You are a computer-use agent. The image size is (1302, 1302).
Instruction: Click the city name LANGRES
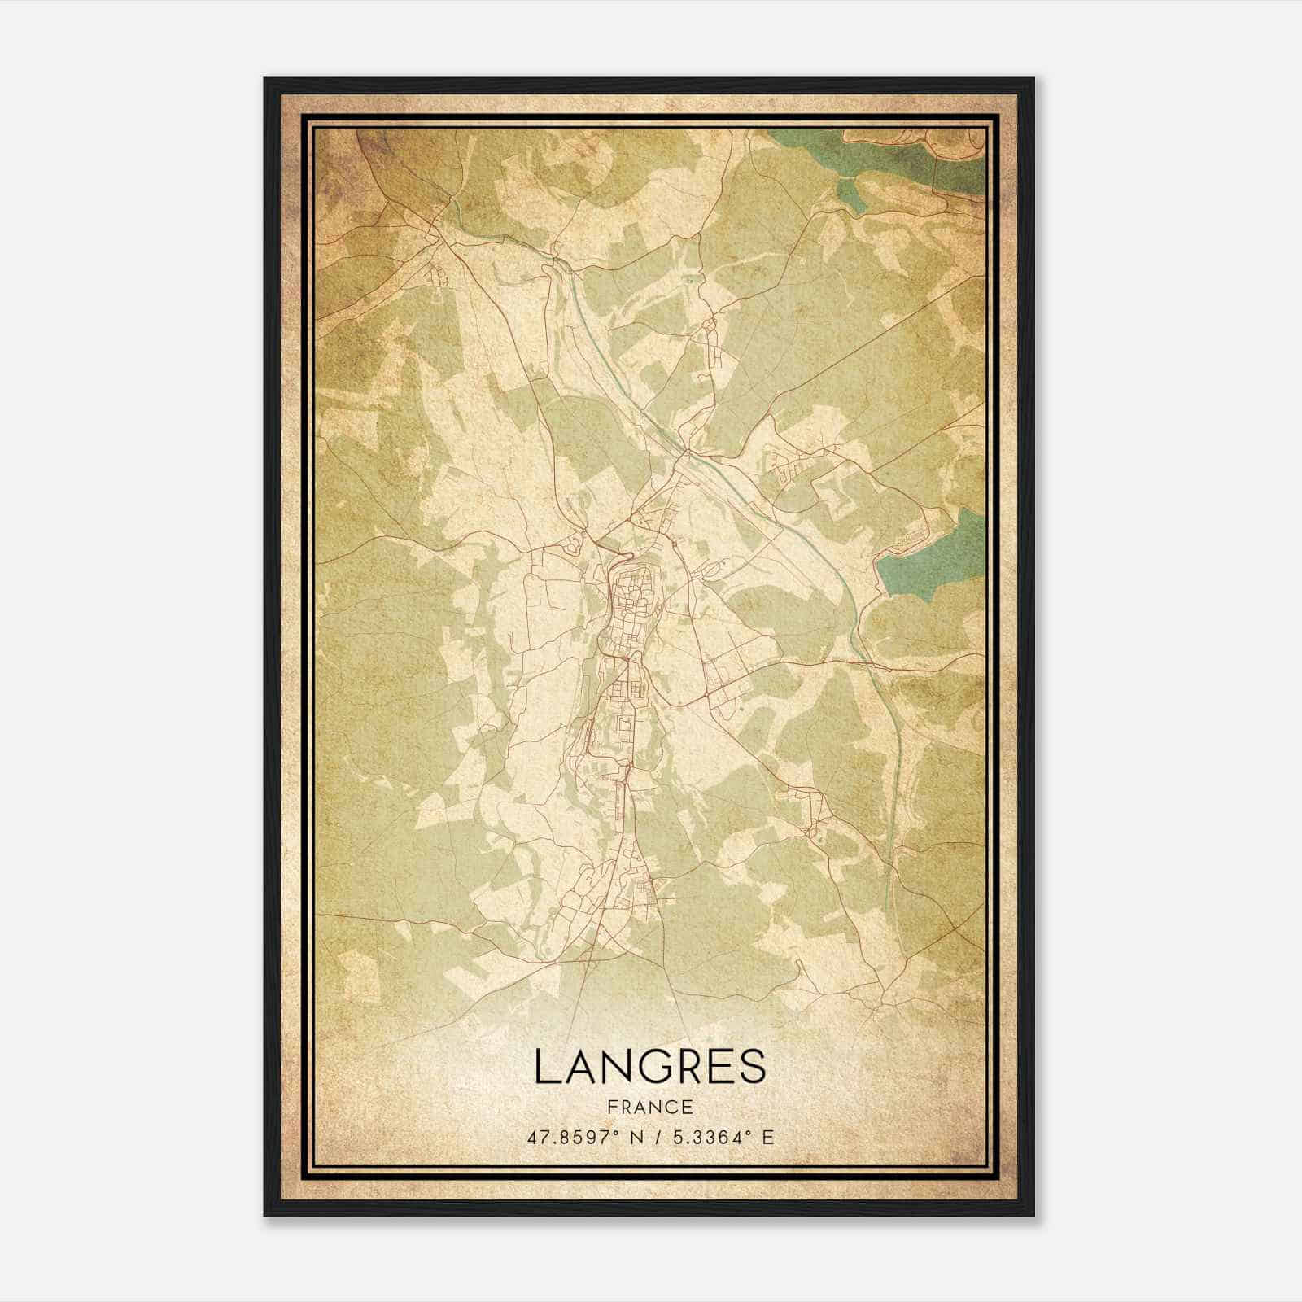tap(650, 1067)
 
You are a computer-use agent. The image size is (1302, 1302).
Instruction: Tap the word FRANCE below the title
tap(650, 1108)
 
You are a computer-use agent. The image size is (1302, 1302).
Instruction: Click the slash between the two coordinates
tap(659, 1137)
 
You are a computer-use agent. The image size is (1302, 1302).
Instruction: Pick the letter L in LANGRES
tap(547, 1067)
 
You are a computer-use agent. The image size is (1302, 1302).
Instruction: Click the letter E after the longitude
tap(767, 1137)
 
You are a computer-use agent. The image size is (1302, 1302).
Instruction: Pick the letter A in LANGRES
tap(580, 1067)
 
